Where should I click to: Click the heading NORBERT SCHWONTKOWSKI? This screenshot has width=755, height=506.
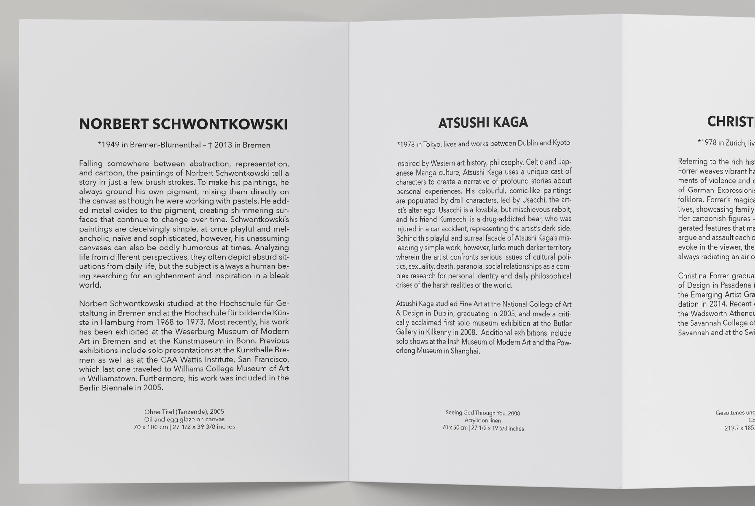click(183, 124)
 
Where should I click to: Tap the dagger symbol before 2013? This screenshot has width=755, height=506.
click(210, 145)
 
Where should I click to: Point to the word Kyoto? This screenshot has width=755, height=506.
click(561, 143)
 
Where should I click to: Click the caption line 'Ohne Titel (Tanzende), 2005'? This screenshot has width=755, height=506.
click(184, 412)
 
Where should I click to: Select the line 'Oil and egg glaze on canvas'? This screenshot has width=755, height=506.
click(184, 419)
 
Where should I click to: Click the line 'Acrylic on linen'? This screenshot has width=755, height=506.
click(483, 420)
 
